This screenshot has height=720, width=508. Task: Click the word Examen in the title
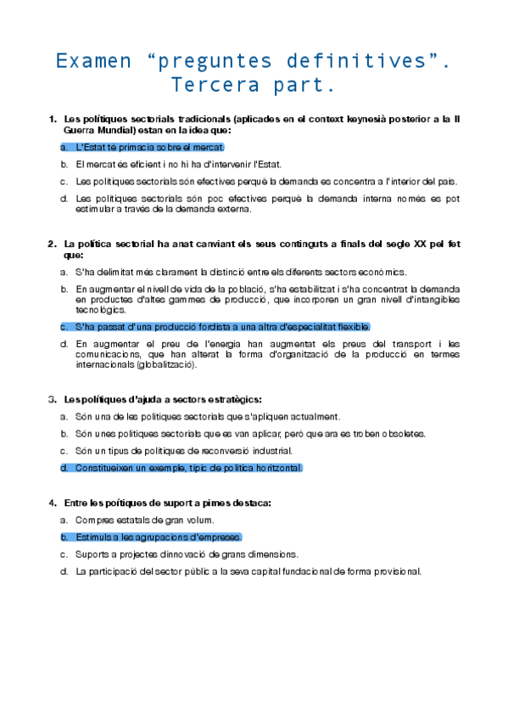93,61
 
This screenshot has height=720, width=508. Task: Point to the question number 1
53,118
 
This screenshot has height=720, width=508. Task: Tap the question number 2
53,244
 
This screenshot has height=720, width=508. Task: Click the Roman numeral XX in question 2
420,244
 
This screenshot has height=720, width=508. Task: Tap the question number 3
53,398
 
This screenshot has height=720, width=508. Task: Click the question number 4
53,503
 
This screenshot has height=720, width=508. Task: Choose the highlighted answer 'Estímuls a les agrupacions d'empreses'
158,537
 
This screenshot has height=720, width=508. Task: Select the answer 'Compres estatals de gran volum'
144,520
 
